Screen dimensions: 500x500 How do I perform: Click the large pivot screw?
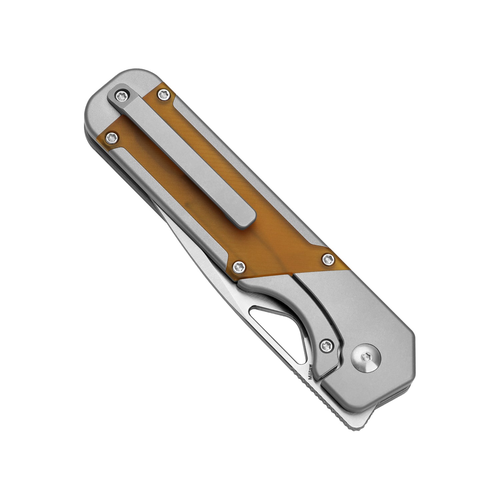pos(366,358)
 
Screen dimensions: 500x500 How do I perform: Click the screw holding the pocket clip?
pos(121,96)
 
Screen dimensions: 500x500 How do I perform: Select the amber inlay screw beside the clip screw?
pos(163,95)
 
